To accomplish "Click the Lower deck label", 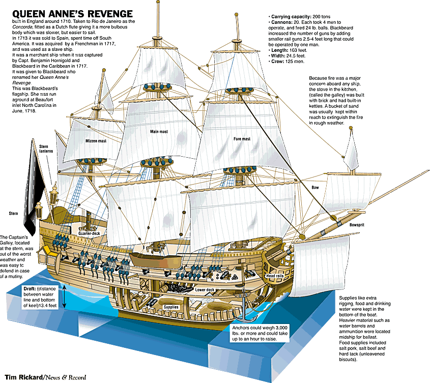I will (x=205, y=290).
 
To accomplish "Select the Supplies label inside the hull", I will (x=171, y=307).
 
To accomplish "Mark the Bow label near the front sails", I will (x=315, y=187).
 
